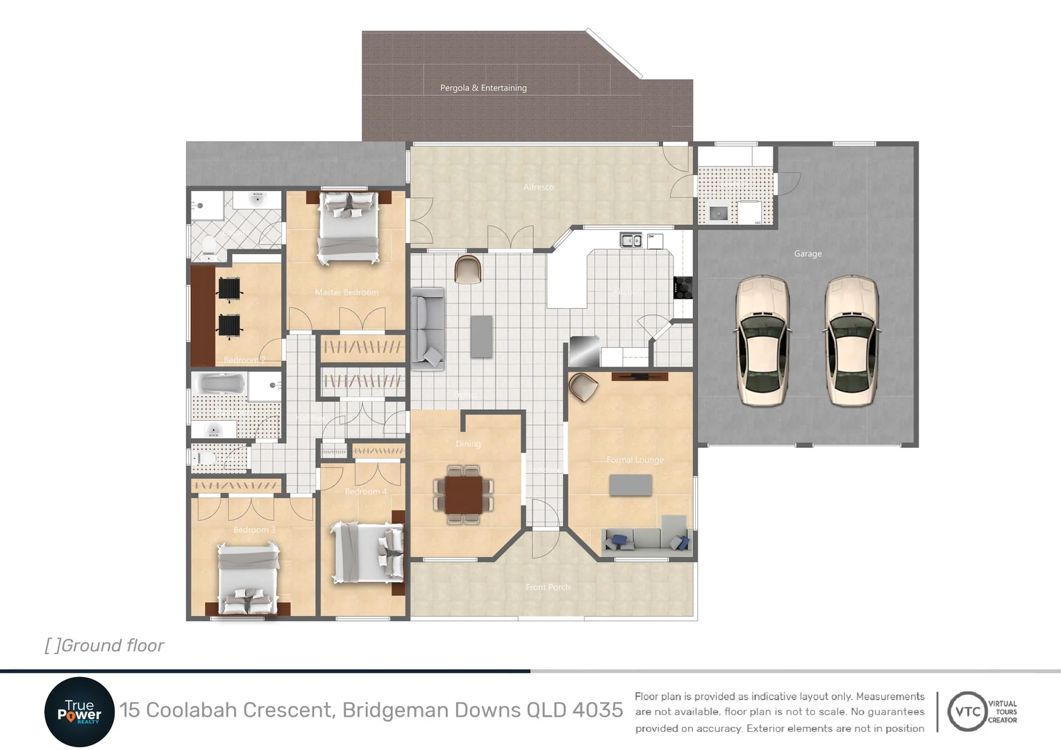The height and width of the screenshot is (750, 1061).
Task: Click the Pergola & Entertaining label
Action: click(x=483, y=88)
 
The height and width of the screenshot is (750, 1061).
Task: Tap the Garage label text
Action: click(x=808, y=254)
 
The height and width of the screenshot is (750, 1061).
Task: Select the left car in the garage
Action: click(x=762, y=340)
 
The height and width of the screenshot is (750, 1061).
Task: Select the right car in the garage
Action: click(x=851, y=340)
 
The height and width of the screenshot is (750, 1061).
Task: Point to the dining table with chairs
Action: click(x=463, y=495)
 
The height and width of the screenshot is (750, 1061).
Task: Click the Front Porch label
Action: click(x=547, y=587)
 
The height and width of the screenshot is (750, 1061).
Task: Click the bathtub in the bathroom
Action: click(x=219, y=384)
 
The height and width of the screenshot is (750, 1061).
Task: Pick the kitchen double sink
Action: click(x=630, y=241)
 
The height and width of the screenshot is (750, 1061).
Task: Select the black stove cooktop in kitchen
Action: click(x=683, y=287)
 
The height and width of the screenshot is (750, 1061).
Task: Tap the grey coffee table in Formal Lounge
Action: click(x=630, y=485)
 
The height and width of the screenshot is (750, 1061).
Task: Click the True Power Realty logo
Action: click(x=79, y=712)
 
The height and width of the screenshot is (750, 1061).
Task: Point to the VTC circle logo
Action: click(x=967, y=712)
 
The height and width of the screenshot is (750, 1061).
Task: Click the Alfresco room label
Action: click(x=539, y=187)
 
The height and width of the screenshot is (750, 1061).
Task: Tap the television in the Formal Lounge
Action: click(x=640, y=376)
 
